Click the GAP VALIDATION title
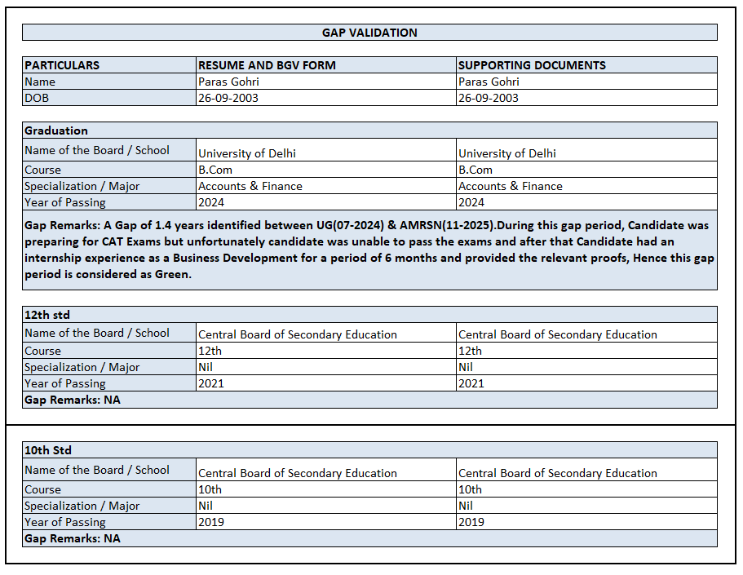tap(369, 33)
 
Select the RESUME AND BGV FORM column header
tap(267, 65)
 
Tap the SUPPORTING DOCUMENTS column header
tap(532, 65)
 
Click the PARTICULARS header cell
tap(62, 65)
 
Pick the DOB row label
tap(37, 98)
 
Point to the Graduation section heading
tap(56, 130)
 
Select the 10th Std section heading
tap(48, 450)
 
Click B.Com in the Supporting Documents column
tap(475, 170)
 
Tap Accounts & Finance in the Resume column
tap(250, 186)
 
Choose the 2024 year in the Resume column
tap(211, 202)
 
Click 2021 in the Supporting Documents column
tap(471, 383)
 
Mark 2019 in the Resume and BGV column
tap(211, 522)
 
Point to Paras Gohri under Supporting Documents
tap(489, 82)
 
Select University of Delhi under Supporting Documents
tap(507, 153)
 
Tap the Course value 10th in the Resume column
tap(210, 489)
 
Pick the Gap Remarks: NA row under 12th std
tap(73, 400)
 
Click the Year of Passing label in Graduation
tap(65, 202)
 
